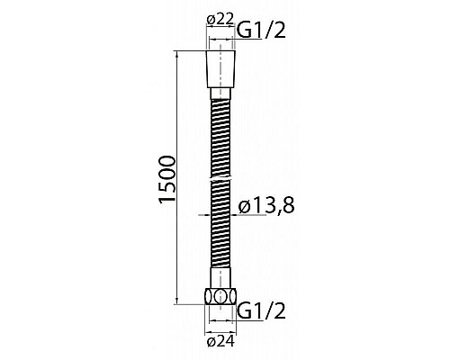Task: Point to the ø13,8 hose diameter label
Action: pyautogui.click(x=267, y=207)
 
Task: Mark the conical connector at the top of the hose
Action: pyautogui.click(x=221, y=68)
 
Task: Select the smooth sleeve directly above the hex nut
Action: pyautogui.click(x=221, y=282)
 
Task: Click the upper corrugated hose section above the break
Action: pyautogui.click(x=221, y=135)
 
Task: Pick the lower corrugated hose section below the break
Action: pyautogui.click(x=221, y=234)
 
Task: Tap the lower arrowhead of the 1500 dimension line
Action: pyautogui.click(x=177, y=302)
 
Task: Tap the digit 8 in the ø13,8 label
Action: pyautogui.click(x=288, y=207)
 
